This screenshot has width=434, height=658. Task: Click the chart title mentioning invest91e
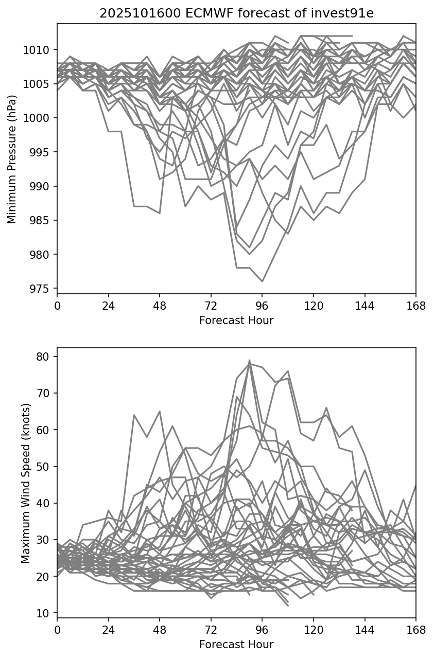[x=236, y=13]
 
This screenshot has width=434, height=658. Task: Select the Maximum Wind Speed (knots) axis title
[x=25, y=483]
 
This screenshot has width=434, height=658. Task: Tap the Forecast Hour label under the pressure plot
[x=236, y=321]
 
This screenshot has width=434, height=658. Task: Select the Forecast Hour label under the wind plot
[x=236, y=645]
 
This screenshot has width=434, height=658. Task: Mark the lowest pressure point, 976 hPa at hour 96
[x=262, y=281]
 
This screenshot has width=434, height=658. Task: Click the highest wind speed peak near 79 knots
[x=250, y=360]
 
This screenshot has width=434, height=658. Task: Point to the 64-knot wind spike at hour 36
[x=134, y=415]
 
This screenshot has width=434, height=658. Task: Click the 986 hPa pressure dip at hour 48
[x=160, y=213]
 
